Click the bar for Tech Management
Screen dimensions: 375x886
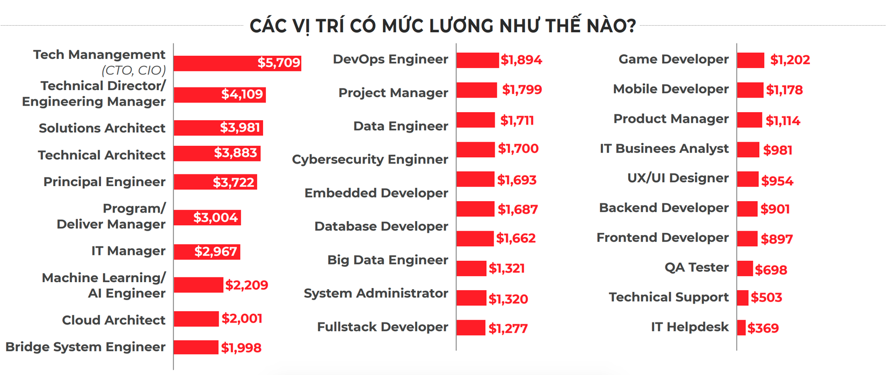(x=215, y=63)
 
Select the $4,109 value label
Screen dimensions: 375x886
(x=242, y=94)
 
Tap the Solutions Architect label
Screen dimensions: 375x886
(x=102, y=128)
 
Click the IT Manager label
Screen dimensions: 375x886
(x=128, y=251)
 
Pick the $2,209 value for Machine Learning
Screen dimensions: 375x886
(x=246, y=285)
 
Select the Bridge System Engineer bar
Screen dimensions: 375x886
(x=196, y=347)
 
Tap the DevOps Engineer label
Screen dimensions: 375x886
(x=390, y=59)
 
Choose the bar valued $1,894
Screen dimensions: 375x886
(x=477, y=60)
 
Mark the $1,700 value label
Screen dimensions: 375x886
(x=518, y=149)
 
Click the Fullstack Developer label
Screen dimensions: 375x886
(x=382, y=327)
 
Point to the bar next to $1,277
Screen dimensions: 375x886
(x=471, y=327)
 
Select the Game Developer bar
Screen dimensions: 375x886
(x=751, y=60)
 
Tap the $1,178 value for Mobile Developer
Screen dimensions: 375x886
(x=785, y=90)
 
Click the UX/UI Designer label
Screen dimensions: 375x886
(x=678, y=178)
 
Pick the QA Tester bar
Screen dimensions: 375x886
(x=745, y=268)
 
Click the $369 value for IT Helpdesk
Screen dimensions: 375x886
(x=763, y=328)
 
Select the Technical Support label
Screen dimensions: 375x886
(x=669, y=297)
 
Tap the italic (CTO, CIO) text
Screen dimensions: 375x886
(x=134, y=70)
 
